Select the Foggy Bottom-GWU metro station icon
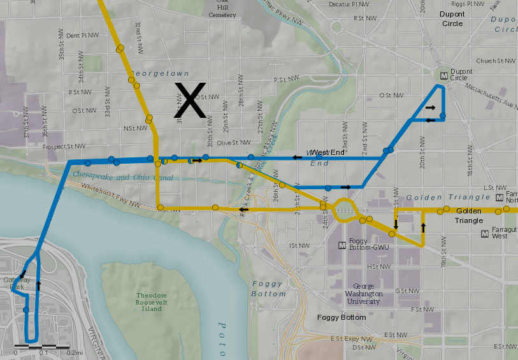[342, 244]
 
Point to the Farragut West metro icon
[486, 234]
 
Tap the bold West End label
[329, 152]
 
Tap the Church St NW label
[495, 61]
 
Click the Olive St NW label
[231, 143]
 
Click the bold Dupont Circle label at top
[450, 18]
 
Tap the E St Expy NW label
[351, 339]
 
